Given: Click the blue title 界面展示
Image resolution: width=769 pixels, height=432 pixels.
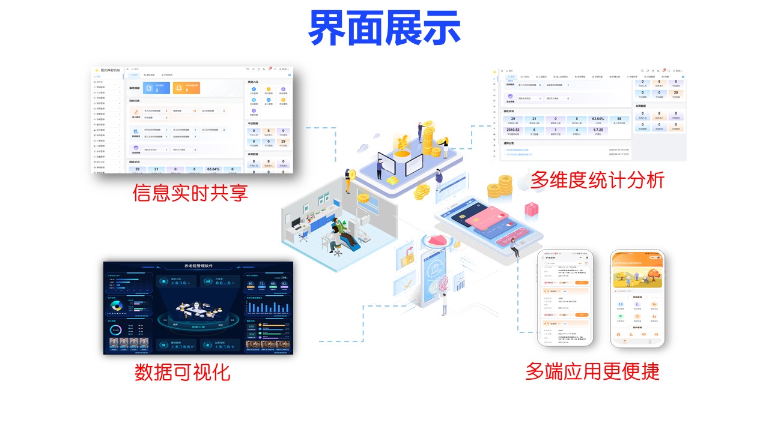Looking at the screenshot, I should (x=384, y=28).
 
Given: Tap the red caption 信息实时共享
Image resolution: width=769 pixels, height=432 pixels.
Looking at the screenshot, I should (x=190, y=193).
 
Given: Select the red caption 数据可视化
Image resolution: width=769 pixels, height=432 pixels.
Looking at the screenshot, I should (x=183, y=372).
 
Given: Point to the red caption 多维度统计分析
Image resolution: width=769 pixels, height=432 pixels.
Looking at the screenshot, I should (x=597, y=179).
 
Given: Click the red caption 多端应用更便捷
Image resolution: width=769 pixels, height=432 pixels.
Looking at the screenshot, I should (x=592, y=371).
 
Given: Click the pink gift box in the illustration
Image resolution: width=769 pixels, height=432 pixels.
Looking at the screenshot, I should (x=532, y=209).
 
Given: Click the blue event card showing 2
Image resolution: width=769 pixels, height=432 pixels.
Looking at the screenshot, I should (x=156, y=88).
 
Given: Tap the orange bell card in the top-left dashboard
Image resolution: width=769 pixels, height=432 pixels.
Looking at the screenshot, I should (x=186, y=88).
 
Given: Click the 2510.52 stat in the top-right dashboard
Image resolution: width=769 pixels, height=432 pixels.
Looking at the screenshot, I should (x=512, y=130).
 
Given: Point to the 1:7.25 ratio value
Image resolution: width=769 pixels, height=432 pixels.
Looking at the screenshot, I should (x=598, y=130).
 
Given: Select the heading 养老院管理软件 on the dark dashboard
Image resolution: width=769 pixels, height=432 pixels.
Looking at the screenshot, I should (x=198, y=266).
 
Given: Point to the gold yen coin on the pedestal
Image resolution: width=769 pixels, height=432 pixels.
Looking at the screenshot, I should (x=401, y=143).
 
